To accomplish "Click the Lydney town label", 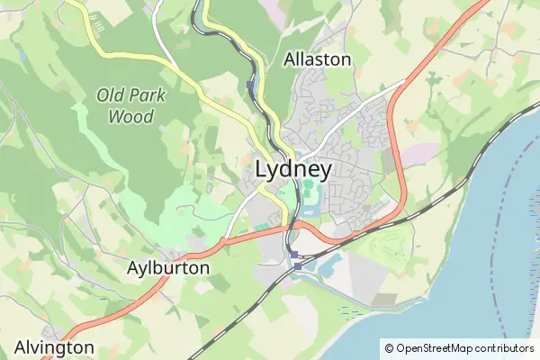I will point(293,169).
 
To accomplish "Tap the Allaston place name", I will point(317,59).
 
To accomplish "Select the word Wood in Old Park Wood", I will point(130,116).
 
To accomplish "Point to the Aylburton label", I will point(168,268).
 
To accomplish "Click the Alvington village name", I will point(54,347).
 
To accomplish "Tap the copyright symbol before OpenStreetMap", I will point(389,348).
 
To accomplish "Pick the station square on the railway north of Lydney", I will point(250,86).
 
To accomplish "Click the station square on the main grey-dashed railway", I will point(298,266).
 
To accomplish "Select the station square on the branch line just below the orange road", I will point(293,256).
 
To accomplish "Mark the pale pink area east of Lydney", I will point(418,155).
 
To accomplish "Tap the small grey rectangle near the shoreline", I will point(384,299).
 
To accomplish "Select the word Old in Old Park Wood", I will point(112,94).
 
